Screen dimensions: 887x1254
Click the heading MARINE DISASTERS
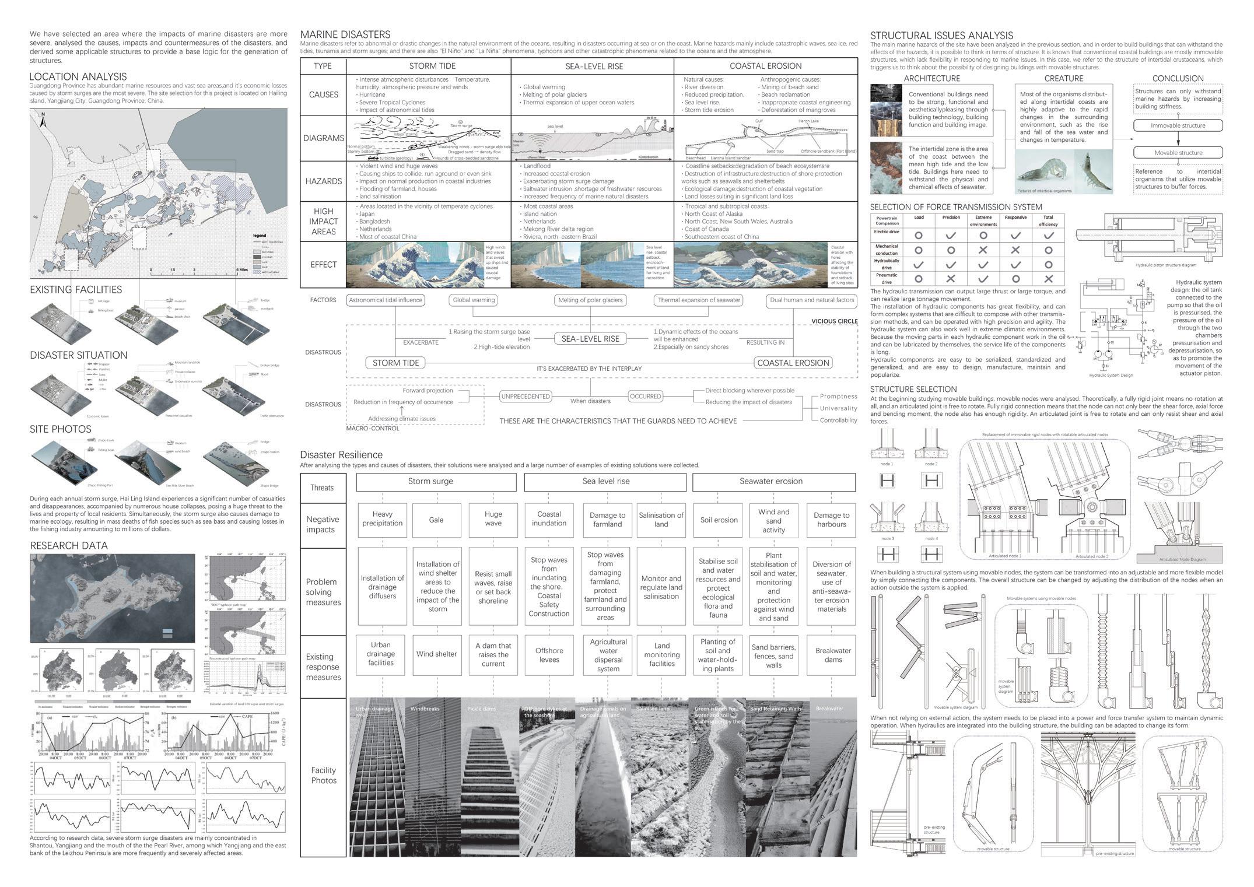345,34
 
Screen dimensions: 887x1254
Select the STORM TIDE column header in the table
432,66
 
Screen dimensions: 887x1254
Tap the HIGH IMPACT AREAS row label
324,222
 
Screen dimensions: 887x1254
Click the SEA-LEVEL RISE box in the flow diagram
590,339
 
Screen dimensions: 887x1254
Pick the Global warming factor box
474,300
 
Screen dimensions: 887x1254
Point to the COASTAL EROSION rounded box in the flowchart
793,363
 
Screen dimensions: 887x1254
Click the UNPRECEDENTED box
526,397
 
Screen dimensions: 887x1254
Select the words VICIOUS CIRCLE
834,321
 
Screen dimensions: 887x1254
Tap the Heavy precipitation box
382,519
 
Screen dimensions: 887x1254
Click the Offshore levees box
549,655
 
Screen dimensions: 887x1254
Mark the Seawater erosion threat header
770,482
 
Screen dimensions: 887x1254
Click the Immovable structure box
1178,125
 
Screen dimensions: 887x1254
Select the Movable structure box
1178,153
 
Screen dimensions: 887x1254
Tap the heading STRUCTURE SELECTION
913,389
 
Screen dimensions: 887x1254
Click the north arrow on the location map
43,122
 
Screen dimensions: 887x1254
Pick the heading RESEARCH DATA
69,546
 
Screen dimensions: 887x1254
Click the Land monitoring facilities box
661,655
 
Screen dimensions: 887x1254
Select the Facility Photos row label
324,776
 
